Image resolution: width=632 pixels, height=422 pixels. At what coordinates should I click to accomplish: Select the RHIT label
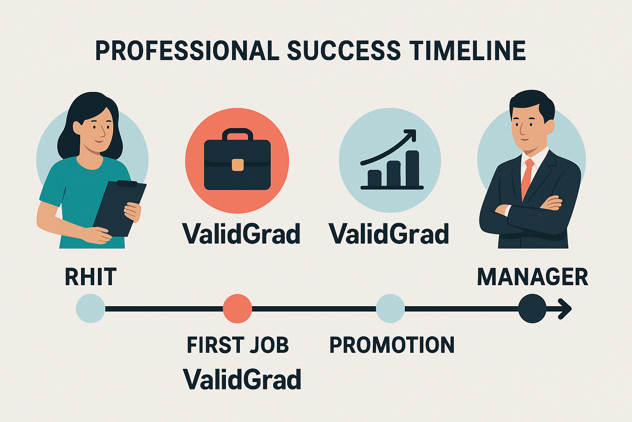91,277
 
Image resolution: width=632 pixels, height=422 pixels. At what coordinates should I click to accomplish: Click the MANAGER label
532,277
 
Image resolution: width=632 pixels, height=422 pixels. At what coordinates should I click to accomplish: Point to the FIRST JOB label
238,345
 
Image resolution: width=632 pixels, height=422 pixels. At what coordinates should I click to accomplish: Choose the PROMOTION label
392,345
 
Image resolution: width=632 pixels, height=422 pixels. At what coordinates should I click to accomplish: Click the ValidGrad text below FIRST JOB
242,379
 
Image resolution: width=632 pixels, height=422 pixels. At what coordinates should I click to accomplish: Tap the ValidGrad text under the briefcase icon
242,234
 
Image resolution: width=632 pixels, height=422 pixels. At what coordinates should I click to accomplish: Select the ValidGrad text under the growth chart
389,234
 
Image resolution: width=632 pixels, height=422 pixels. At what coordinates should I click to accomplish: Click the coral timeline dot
237,308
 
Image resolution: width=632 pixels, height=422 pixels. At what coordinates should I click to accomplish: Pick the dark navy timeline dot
532,308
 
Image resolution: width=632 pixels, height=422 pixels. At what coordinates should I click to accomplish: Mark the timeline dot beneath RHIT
91,308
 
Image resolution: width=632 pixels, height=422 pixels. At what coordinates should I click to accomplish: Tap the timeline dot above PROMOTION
390,308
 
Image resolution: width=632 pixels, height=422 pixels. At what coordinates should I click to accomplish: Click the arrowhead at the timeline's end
566,308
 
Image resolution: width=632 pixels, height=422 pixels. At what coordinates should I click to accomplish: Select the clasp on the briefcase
237,165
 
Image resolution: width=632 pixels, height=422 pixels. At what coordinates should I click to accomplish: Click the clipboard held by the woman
119,208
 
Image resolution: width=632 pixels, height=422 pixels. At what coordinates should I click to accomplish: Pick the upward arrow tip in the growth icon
411,134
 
